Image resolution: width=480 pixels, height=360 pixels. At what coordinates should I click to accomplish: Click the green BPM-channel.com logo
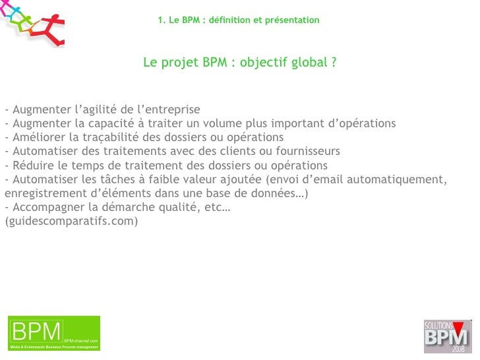point(54,334)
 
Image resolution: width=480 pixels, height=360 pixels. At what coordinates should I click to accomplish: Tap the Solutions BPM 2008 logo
point(448,336)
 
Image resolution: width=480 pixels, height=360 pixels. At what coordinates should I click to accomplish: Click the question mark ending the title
point(334,63)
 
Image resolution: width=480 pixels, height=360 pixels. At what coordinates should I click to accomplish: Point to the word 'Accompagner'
point(45,208)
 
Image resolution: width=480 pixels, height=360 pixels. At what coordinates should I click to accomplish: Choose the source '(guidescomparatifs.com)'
point(71,222)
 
